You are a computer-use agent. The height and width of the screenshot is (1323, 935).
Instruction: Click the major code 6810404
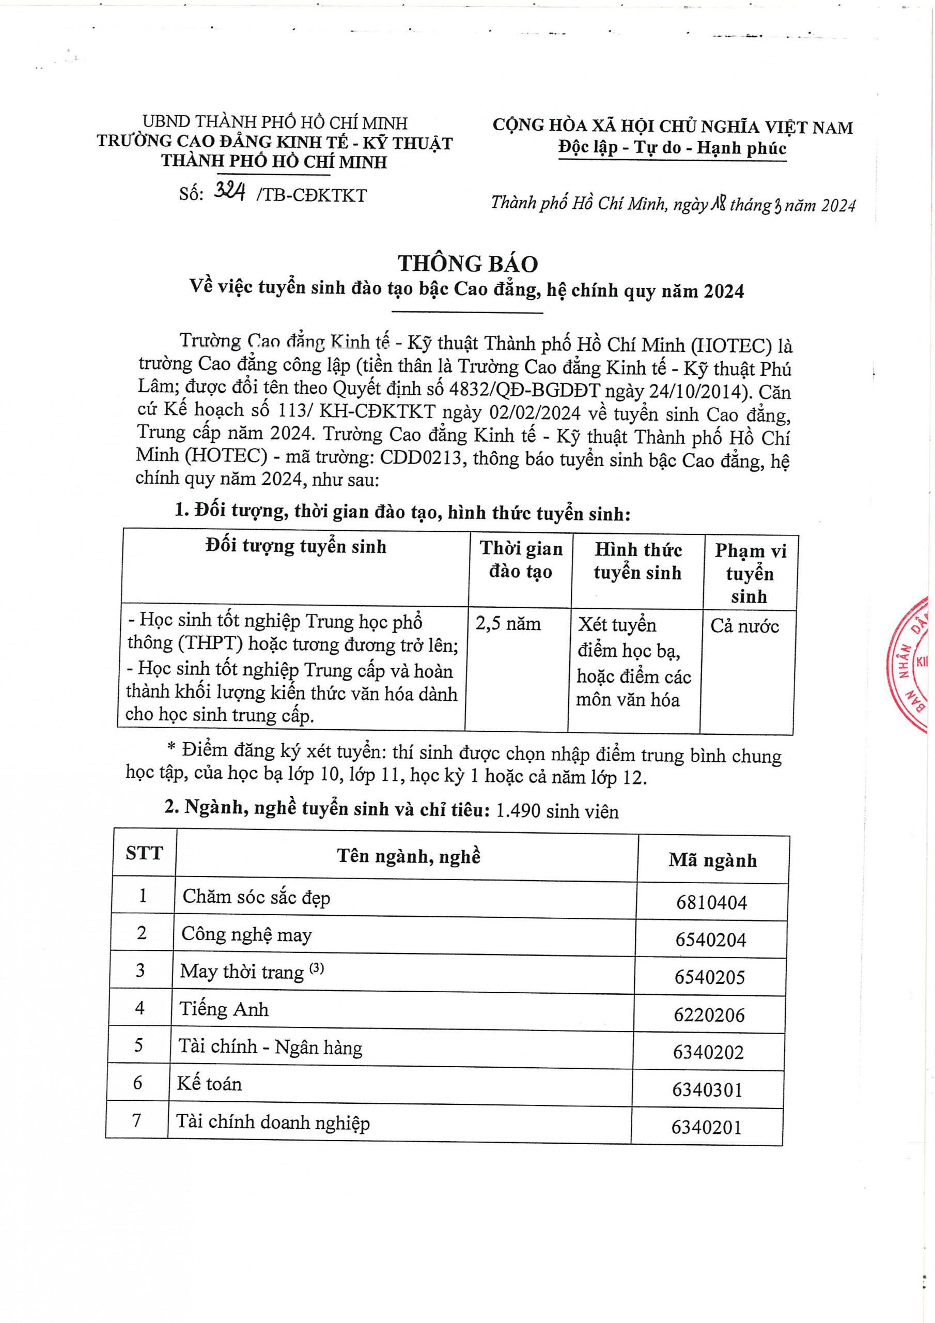coord(711,902)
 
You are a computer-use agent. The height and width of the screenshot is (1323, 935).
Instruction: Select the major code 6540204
coord(710,940)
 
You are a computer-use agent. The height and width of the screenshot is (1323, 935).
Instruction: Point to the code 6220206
coord(709,1014)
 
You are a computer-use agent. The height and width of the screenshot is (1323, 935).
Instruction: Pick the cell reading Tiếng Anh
coord(224,1009)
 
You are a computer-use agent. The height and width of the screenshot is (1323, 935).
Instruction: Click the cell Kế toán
coord(209,1084)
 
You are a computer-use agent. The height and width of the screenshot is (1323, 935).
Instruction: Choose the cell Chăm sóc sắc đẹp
coord(256,897)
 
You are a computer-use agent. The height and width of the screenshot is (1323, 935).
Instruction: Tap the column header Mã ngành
coord(713,860)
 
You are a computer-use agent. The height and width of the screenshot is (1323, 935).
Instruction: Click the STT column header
coord(144,853)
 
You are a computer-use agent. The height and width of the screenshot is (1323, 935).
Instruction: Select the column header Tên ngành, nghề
coord(409,856)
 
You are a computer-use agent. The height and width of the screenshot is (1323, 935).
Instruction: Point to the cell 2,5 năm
coord(508,624)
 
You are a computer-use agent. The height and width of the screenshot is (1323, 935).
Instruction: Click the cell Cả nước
coord(744,626)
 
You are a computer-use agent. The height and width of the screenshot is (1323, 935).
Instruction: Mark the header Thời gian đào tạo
coord(521,560)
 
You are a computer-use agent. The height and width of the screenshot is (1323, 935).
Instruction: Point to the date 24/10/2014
coord(697,391)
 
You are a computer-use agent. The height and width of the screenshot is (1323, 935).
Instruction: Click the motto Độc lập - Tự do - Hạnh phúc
coord(672,148)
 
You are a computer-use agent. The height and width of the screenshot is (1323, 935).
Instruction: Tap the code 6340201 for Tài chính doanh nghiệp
coord(706,1127)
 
